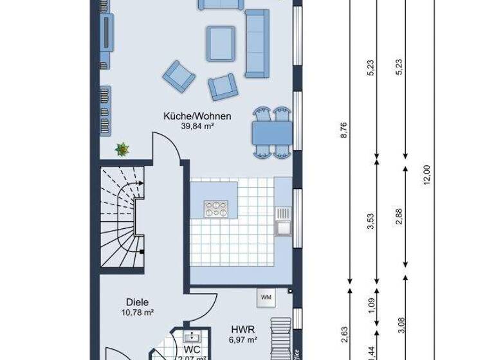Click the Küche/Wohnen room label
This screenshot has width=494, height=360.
pos(197,116)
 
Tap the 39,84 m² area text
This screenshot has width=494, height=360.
pos(197,127)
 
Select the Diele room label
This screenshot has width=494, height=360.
pos(138,301)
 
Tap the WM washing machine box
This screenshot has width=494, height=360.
pos(266,296)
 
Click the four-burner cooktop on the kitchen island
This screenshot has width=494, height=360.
pos(215,208)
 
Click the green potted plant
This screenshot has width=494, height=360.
pos(122,150)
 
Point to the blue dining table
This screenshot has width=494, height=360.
pos(272,133)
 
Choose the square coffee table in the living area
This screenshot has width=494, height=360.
pos(221,43)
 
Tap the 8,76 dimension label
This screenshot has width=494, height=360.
pos(344,130)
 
